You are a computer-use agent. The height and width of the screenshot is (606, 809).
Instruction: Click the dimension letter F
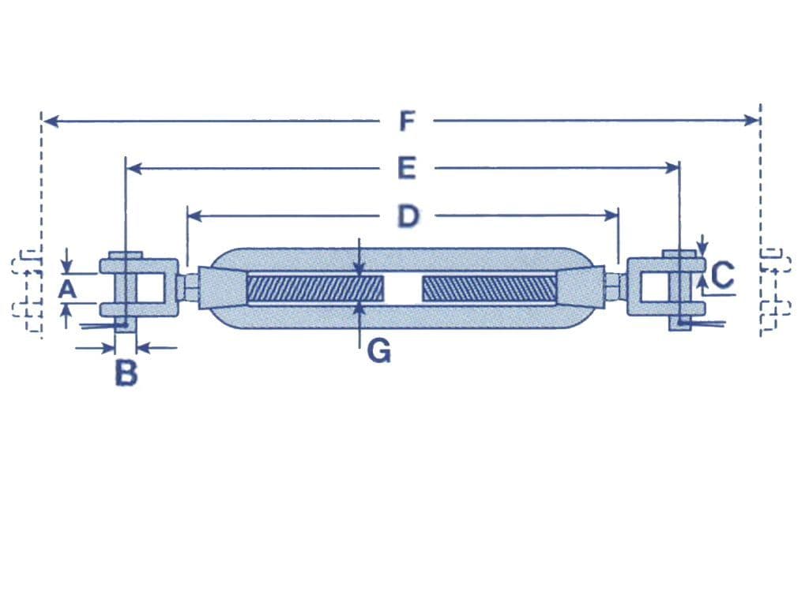point(406,122)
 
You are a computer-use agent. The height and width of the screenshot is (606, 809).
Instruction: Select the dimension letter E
point(406,168)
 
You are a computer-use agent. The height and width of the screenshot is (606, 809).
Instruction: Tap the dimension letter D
point(407,215)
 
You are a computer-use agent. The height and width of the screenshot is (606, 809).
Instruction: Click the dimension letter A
point(68,290)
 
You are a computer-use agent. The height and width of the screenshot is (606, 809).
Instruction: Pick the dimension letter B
point(126,373)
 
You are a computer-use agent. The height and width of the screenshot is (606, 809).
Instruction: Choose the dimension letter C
point(722,275)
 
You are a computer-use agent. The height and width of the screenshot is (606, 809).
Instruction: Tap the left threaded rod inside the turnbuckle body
point(315,289)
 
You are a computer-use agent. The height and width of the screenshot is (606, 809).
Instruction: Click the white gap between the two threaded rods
point(403,289)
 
